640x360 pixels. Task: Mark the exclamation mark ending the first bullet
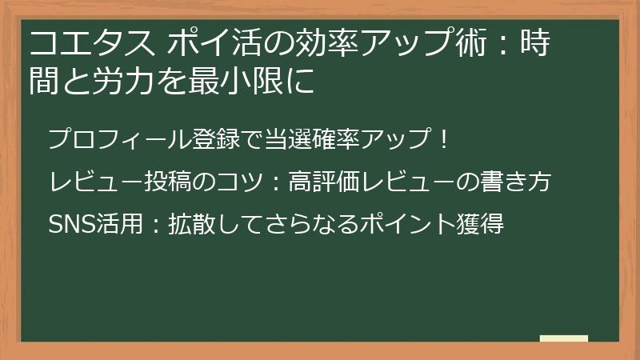[446, 139]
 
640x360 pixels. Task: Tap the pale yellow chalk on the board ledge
[564, 338]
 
